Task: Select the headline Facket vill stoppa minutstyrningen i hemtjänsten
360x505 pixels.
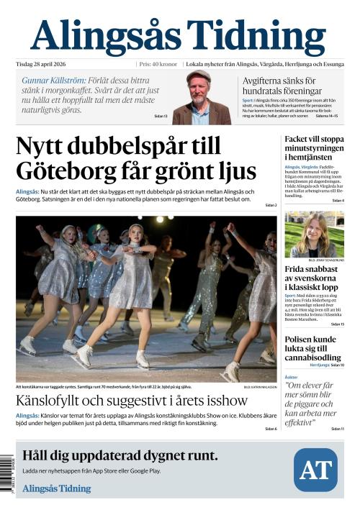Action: (314, 147)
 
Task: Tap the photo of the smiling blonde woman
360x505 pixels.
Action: (314, 234)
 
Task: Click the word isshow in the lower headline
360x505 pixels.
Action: (223, 400)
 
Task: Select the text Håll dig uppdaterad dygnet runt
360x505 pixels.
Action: (120, 455)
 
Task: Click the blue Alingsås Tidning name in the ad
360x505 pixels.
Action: (57, 488)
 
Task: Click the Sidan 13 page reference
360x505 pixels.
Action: (161, 116)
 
